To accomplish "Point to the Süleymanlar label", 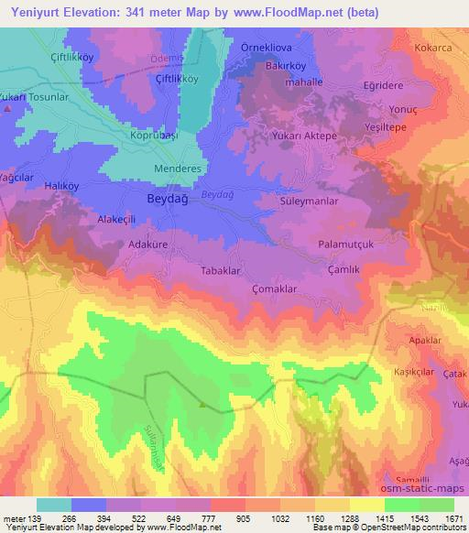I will (x=310, y=200).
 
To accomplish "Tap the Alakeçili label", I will (x=116, y=221).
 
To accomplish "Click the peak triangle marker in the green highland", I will (x=202, y=403).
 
